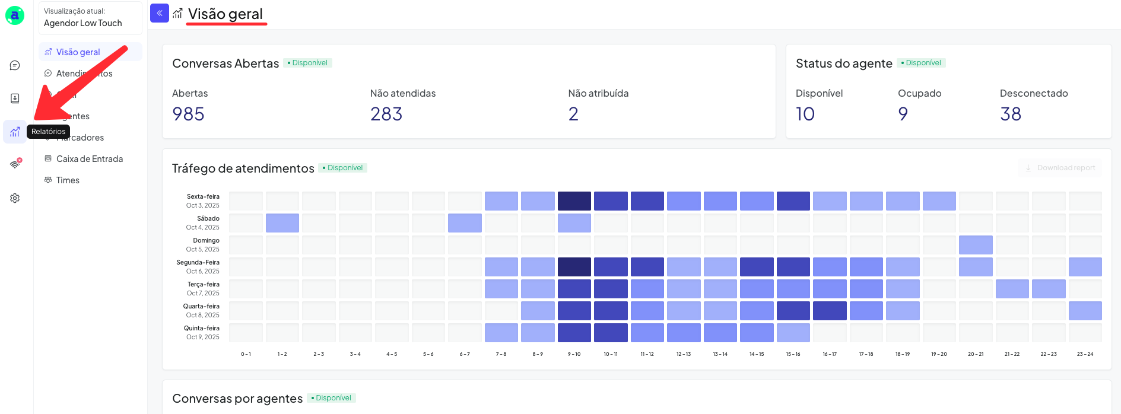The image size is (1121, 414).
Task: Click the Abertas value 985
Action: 188,114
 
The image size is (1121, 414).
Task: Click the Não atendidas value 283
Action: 386,114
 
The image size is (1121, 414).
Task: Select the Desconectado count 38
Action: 1010,114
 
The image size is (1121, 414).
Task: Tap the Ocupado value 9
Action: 903,114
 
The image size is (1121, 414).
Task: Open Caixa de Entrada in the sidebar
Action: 89,159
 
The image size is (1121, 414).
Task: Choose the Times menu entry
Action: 67,180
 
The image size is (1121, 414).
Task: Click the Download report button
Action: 1060,168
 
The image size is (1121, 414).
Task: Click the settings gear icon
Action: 15,198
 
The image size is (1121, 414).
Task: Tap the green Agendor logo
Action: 15,15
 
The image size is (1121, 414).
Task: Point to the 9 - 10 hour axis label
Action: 574,354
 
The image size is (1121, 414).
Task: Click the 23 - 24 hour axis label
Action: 1085,354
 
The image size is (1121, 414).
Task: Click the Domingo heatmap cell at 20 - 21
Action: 976,245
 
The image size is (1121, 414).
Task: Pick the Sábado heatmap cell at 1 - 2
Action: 282,223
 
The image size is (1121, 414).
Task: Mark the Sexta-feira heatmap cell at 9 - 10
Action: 574,201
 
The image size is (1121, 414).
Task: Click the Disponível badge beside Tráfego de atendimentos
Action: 343,168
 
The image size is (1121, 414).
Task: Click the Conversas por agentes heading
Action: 237,399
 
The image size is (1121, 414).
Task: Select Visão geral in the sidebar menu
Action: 78,52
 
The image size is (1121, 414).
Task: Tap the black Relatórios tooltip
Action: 49,132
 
